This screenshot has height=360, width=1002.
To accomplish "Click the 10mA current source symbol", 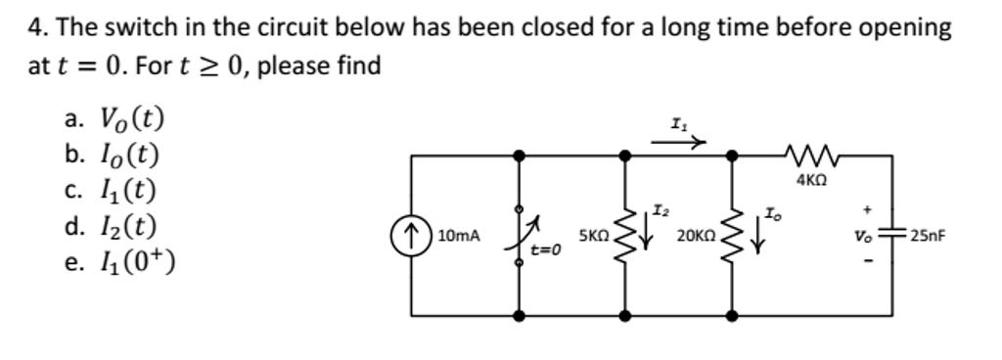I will (412, 236).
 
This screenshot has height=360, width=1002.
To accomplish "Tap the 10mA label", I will (459, 236).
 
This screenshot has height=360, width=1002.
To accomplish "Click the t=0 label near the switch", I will (545, 250).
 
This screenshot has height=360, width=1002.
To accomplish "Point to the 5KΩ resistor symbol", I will (624, 236).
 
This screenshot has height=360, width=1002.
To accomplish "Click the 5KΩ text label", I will (594, 236).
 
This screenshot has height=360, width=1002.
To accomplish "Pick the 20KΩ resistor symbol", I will (732, 236).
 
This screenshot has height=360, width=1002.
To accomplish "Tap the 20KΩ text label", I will (696, 236).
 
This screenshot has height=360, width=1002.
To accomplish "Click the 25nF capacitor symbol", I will (892, 236).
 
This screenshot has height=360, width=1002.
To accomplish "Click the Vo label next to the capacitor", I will (863, 236).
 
